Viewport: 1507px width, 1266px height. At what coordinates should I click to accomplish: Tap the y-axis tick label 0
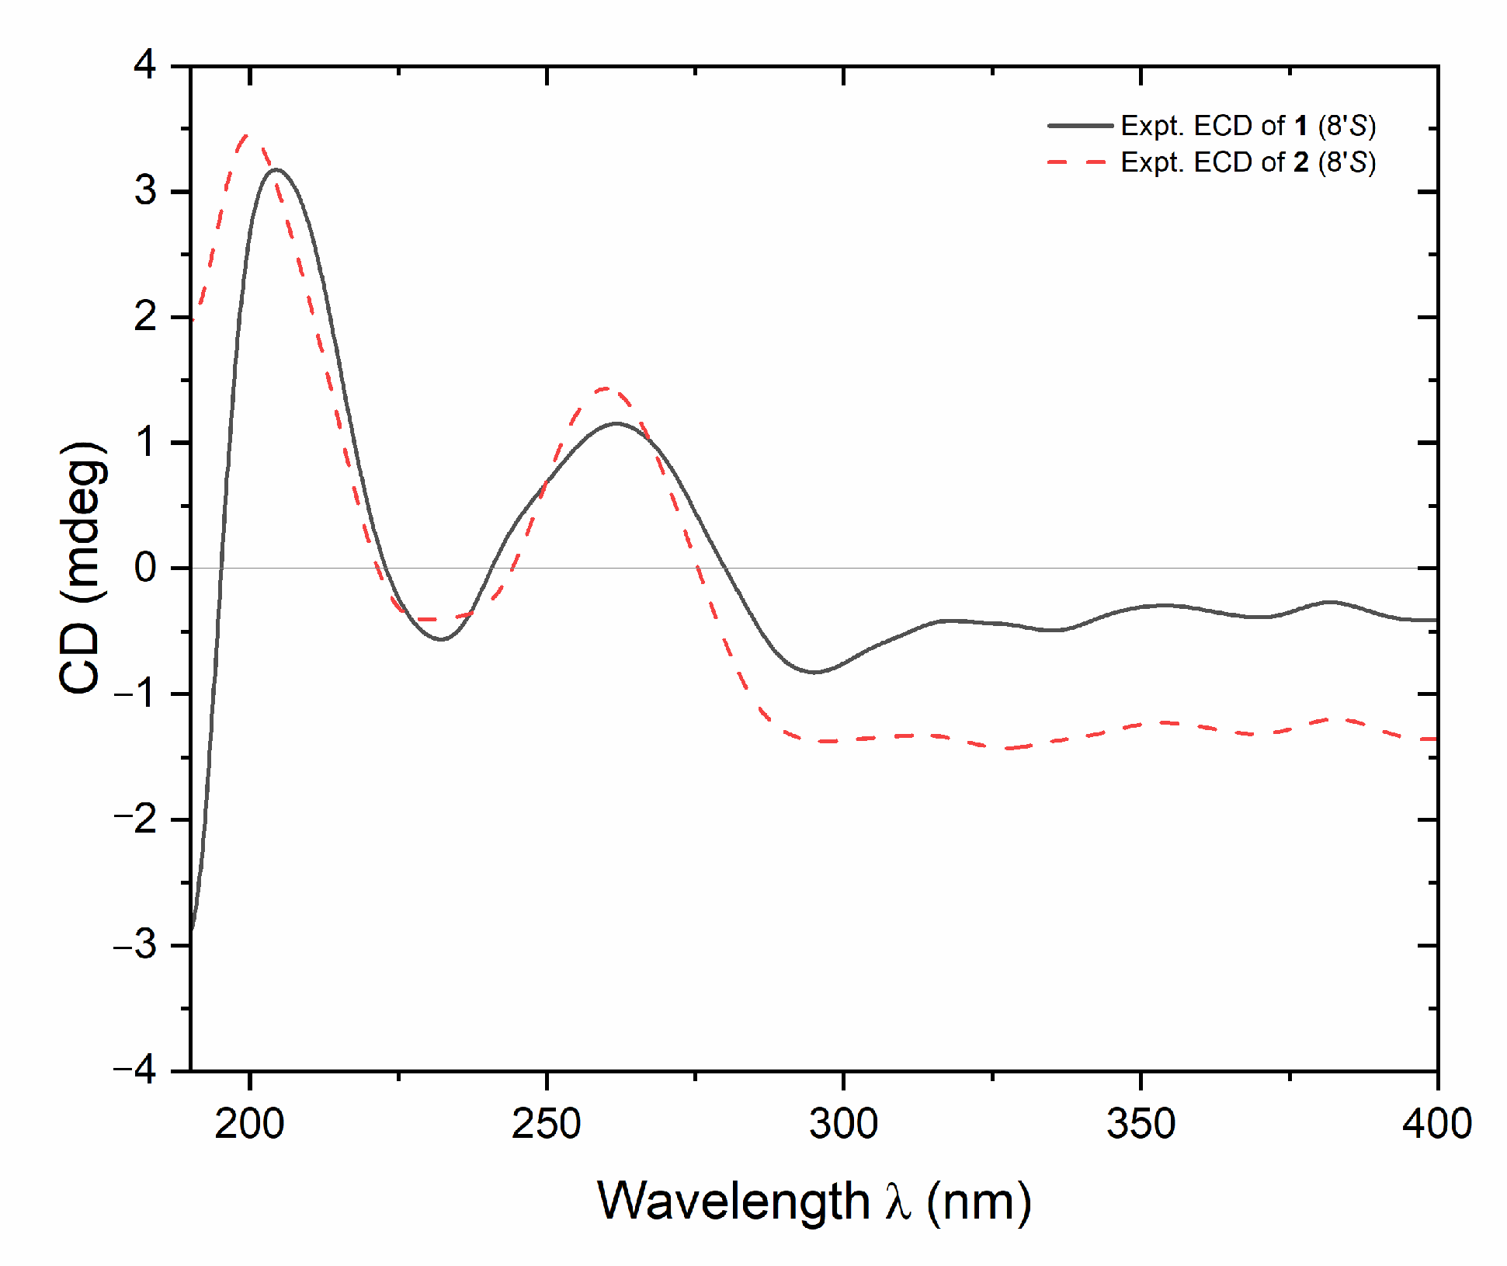[145, 568]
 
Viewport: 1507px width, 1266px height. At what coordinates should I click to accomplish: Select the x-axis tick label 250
[546, 1124]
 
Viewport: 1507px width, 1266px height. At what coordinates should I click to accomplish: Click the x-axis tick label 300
[843, 1124]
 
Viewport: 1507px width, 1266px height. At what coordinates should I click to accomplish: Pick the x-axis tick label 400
[1436, 1124]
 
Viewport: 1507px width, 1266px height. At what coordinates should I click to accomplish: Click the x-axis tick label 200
[249, 1124]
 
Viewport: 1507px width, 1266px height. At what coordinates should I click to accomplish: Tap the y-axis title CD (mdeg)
[81, 568]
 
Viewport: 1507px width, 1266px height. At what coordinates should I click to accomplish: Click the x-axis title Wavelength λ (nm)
[814, 1202]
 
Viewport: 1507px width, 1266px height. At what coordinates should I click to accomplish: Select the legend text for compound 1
[1248, 126]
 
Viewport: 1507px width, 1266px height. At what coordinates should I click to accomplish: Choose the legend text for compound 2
[1248, 162]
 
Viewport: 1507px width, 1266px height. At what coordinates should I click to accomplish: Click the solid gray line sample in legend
[1080, 126]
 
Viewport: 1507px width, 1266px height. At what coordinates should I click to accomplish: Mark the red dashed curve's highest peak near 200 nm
[247, 136]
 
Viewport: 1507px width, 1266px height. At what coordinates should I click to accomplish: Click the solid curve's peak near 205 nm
[276, 169]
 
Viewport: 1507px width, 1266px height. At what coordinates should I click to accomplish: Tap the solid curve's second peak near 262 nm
[616, 423]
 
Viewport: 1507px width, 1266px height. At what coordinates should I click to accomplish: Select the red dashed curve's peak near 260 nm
[606, 388]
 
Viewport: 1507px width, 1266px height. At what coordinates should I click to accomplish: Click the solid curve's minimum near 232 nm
[441, 639]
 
